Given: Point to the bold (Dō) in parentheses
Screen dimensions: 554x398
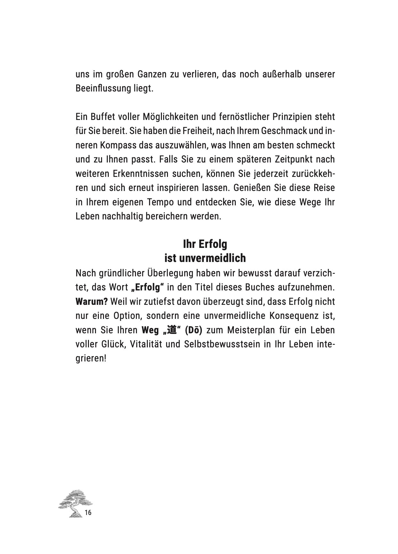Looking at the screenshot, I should coord(194,330).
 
